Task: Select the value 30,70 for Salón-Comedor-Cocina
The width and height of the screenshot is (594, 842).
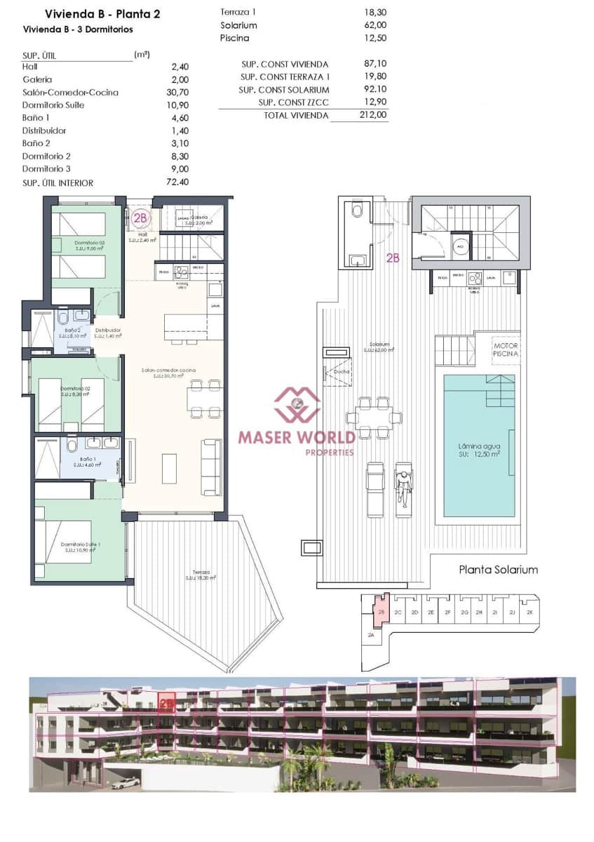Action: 180,93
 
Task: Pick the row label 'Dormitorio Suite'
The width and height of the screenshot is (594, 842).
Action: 56,105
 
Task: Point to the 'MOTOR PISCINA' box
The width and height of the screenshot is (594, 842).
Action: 506,350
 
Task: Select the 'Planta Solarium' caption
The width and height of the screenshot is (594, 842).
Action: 498,569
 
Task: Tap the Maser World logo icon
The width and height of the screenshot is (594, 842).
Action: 297,406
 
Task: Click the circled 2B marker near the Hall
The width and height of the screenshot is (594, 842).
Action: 140,218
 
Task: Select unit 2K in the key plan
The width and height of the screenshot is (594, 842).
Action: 529,612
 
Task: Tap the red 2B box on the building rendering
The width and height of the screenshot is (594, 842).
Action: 166,702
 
